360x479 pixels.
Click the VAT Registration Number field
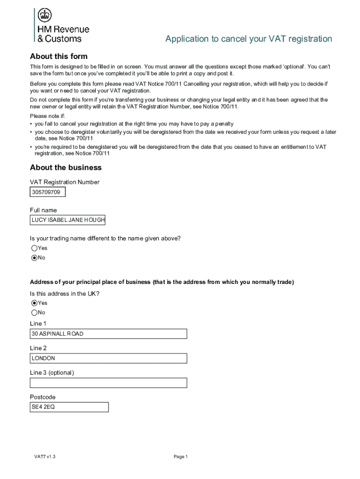tap(48, 192)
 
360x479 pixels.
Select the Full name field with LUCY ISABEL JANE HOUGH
tap(68, 220)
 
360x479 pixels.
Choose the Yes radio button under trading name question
tap(34, 248)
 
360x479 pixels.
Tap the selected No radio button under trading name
tap(34, 258)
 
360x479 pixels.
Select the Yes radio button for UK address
tap(34, 303)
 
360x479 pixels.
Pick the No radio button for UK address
tap(34, 312)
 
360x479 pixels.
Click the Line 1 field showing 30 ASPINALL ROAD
tap(108, 334)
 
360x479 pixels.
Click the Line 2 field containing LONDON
tap(108, 358)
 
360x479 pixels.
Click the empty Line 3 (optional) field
tap(108, 383)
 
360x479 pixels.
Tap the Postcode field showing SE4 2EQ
tap(69, 407)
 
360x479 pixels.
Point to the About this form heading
tap(58, 57)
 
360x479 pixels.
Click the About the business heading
tap(65, 167)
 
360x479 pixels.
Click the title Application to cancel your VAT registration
tap(248, 39)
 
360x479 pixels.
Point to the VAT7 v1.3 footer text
tap(45, 457)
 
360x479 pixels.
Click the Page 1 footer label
tap(180, 457)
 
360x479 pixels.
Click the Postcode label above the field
tap(43, 397)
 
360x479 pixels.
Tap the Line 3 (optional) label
tap(52, 373)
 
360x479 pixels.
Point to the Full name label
tap(43, 210)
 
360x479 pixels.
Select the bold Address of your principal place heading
tap(162, 282)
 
